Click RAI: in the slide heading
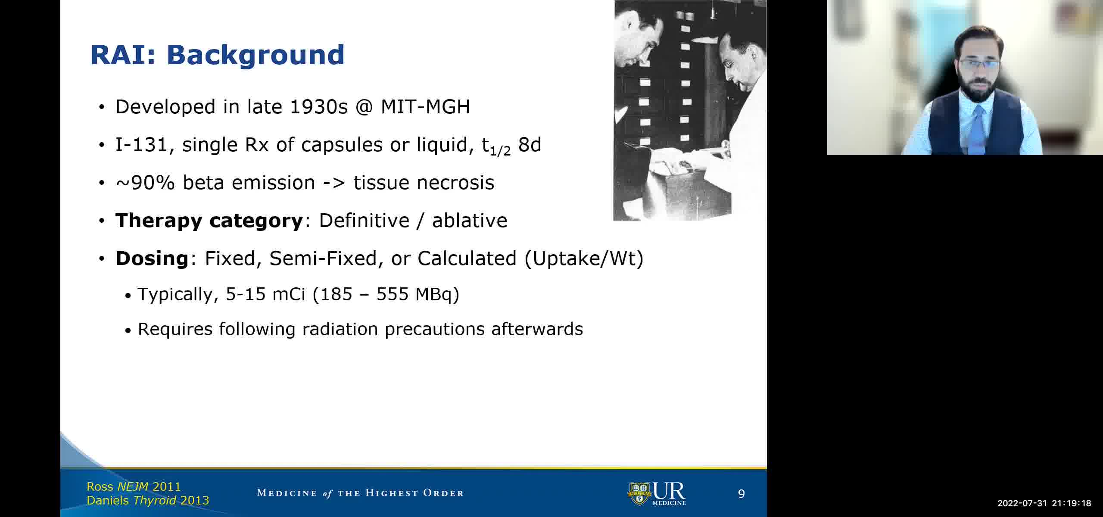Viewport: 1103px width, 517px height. coord(123,55)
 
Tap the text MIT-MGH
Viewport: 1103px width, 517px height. coord(425,106)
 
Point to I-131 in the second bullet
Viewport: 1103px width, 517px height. coord(141,145)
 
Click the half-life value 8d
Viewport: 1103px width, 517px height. coord(530,145)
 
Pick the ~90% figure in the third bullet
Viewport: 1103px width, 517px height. coord(145,183)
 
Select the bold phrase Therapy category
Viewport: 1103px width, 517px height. coord(209,221)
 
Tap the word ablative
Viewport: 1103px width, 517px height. coord(470,221)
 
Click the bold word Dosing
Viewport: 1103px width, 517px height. coord(152,259)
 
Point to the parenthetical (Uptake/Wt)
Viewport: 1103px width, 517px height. coord(584,258)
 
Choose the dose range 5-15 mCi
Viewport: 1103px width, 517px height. coord(265,294)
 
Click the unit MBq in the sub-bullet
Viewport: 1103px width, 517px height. coord(434,295)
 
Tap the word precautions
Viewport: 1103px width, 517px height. coord(435,330)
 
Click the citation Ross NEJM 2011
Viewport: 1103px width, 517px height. coord(134,486)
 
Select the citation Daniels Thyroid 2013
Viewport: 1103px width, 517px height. coord(148,500)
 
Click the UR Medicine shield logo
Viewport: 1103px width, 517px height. coord(639,493)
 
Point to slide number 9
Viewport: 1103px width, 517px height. coord(741,494)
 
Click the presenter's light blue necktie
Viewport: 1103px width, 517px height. coord(977,129)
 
